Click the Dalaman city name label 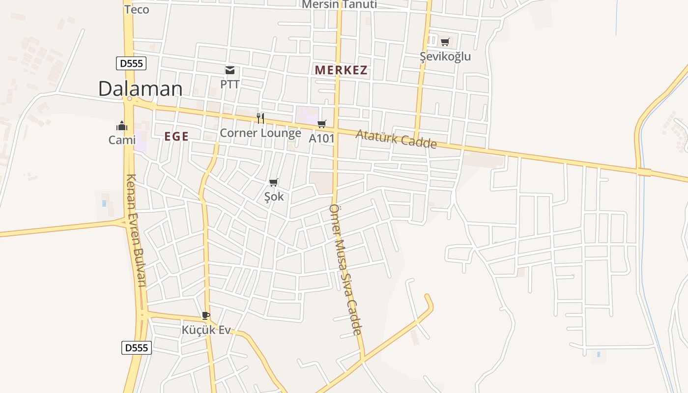point(141,89)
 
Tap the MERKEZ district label point(341,70)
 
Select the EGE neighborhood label point(176,137)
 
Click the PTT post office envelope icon point(229,70)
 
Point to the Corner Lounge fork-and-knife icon point(260,118)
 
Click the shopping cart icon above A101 point(321,124)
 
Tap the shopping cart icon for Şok point(274,183)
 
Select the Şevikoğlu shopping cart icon point(445,42)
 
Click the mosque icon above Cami point(122,126)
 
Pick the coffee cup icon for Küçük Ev point(205,315)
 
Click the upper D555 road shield point(131,63)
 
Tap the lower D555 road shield point(136,348)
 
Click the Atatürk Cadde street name point(396,139)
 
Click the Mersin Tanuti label point(339,5)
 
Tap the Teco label point(137,9)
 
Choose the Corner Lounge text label point(260,133)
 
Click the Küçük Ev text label point(206,330)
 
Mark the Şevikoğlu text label point(445,56)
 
